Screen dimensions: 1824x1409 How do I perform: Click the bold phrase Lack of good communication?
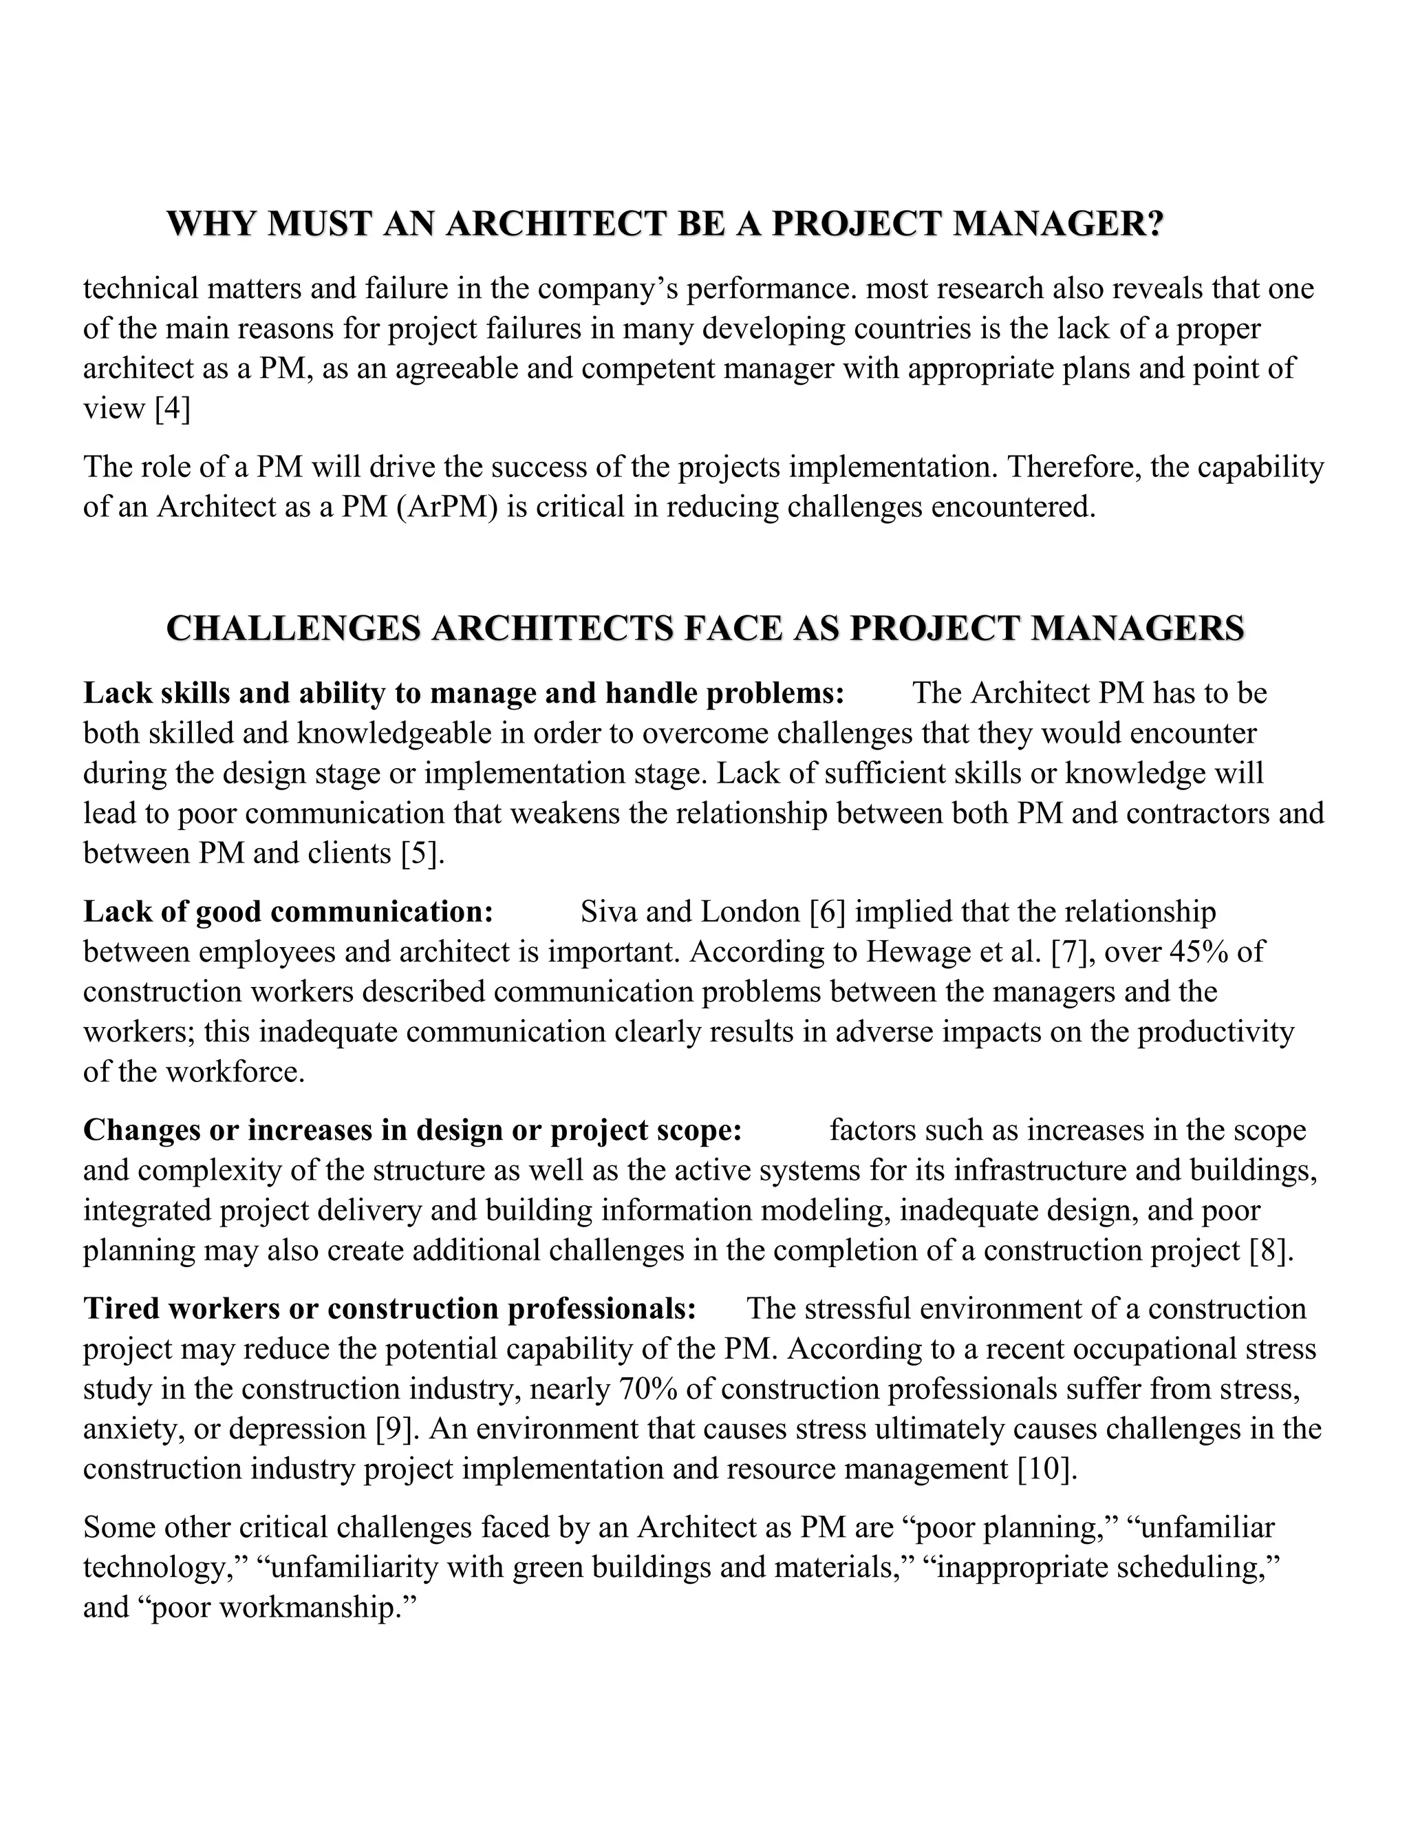289,911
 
